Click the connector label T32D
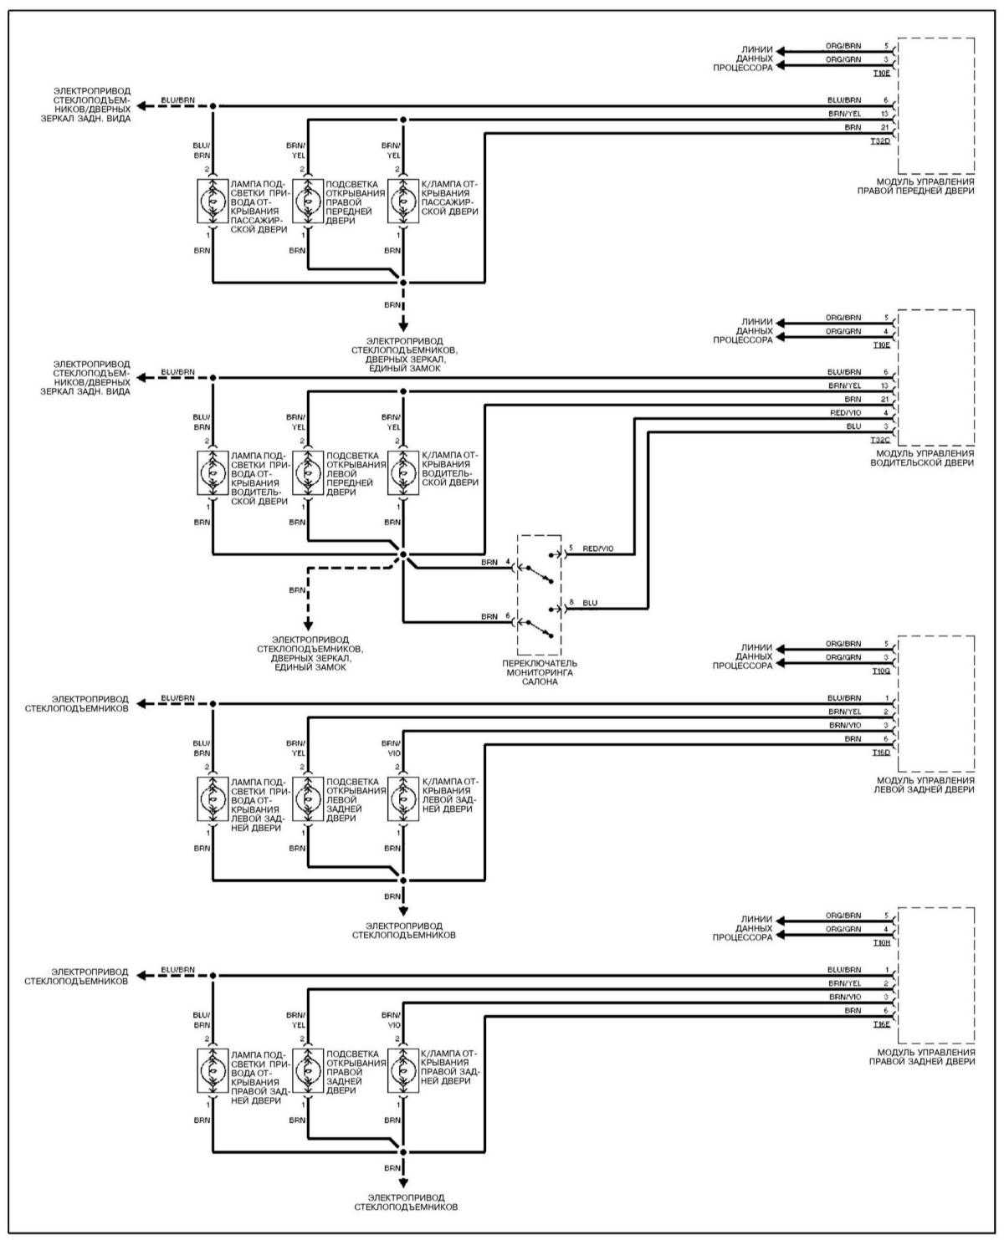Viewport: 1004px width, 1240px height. (x=880, y=141)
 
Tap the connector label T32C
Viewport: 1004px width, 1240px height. (x=880, y=439)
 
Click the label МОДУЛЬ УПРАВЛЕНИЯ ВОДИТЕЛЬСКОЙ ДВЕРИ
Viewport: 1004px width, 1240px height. (x=924, y=457)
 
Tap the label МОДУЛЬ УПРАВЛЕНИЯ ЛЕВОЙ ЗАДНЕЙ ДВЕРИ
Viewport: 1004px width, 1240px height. (x=924, y=784)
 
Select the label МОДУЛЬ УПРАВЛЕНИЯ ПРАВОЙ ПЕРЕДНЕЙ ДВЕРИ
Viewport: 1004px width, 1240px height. (x=924, y=186)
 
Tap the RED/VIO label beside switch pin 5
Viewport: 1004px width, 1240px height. (x=597, y=549)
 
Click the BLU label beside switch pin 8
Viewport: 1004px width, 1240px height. (x=590, y=603)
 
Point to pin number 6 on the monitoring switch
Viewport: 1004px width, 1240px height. (x=507, y=616)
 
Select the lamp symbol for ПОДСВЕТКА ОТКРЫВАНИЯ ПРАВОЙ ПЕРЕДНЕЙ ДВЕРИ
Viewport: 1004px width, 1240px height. (x=307, y=202)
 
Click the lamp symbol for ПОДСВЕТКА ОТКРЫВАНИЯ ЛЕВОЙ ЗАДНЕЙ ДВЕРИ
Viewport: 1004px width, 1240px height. (x=307, y=799)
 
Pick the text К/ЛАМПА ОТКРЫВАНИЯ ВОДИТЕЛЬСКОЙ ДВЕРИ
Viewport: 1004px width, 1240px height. (x=449, y=469)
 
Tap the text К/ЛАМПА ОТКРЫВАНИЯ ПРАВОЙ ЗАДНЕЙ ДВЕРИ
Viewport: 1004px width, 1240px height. (x=449, y=1067)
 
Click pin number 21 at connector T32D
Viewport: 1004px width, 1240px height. (x=885, y=127)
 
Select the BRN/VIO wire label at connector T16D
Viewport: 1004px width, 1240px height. (x=844, y=725)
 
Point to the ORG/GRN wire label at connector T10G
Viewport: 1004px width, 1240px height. (x=843, y=657)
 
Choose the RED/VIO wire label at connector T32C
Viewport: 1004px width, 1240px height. (x=844, y=412)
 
